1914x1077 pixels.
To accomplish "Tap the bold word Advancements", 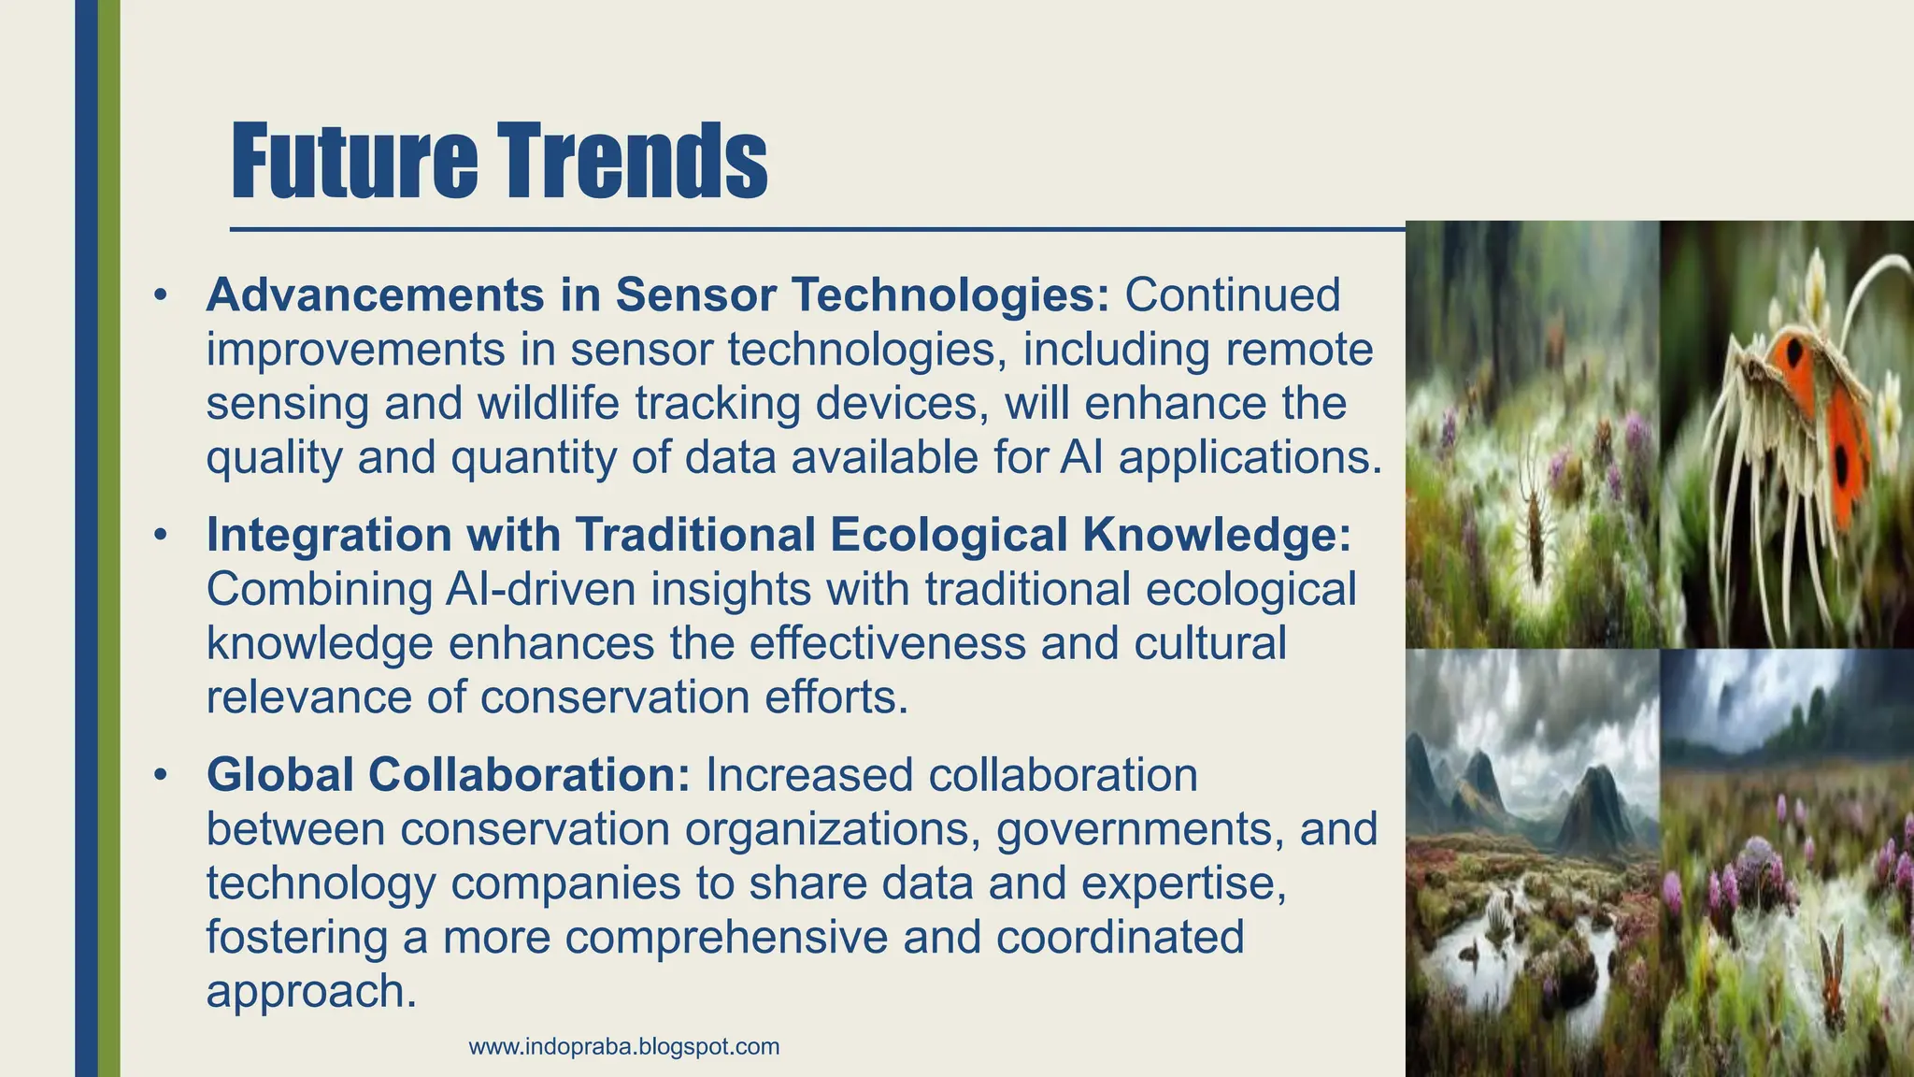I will point(375,294).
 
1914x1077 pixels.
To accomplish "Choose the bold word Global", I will point(279,775).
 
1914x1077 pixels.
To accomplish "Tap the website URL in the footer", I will point(624,1046).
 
